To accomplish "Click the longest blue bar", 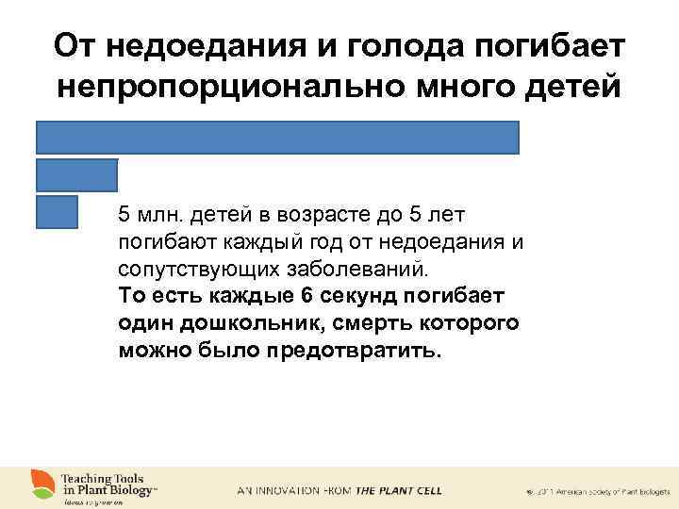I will (278, 138).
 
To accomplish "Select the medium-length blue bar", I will (77, 175).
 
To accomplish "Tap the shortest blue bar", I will (57, 212).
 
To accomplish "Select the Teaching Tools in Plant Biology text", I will (108, 484).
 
